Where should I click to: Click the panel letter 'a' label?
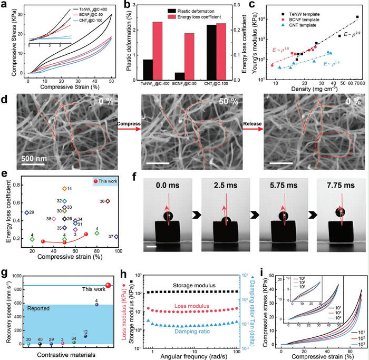coord(5,5)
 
